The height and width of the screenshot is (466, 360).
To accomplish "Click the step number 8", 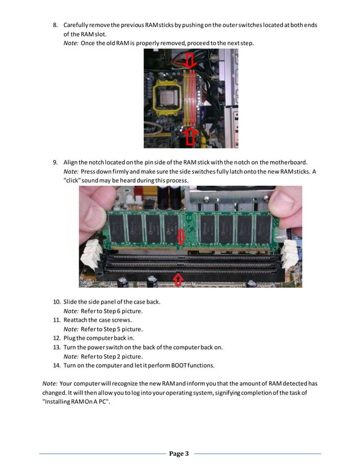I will click(55, 26).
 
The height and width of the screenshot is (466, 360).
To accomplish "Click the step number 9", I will click(55, 163).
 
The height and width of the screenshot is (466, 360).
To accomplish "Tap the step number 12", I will click(56, 338).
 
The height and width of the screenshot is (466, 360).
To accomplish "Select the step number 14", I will click(56, 365).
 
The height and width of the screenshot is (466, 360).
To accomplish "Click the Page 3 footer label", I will click(179, 453).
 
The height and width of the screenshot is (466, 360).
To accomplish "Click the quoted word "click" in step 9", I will click(73, 180).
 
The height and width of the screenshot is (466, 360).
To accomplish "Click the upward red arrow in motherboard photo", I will click(190, 135).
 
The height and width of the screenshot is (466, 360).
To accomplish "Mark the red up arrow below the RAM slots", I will click(178, 278).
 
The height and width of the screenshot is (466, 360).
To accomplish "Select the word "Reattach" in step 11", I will click(76, 320).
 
